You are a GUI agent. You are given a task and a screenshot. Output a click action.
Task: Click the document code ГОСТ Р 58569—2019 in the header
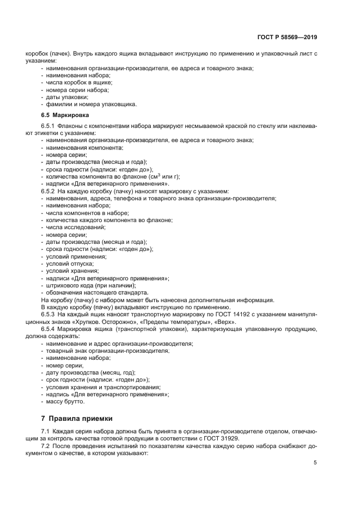[x=287, y=38]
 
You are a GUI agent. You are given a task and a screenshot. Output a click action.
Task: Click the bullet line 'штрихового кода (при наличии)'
[x=91, y=285]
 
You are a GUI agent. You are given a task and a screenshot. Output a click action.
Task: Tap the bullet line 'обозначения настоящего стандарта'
[x=97, y=292]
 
